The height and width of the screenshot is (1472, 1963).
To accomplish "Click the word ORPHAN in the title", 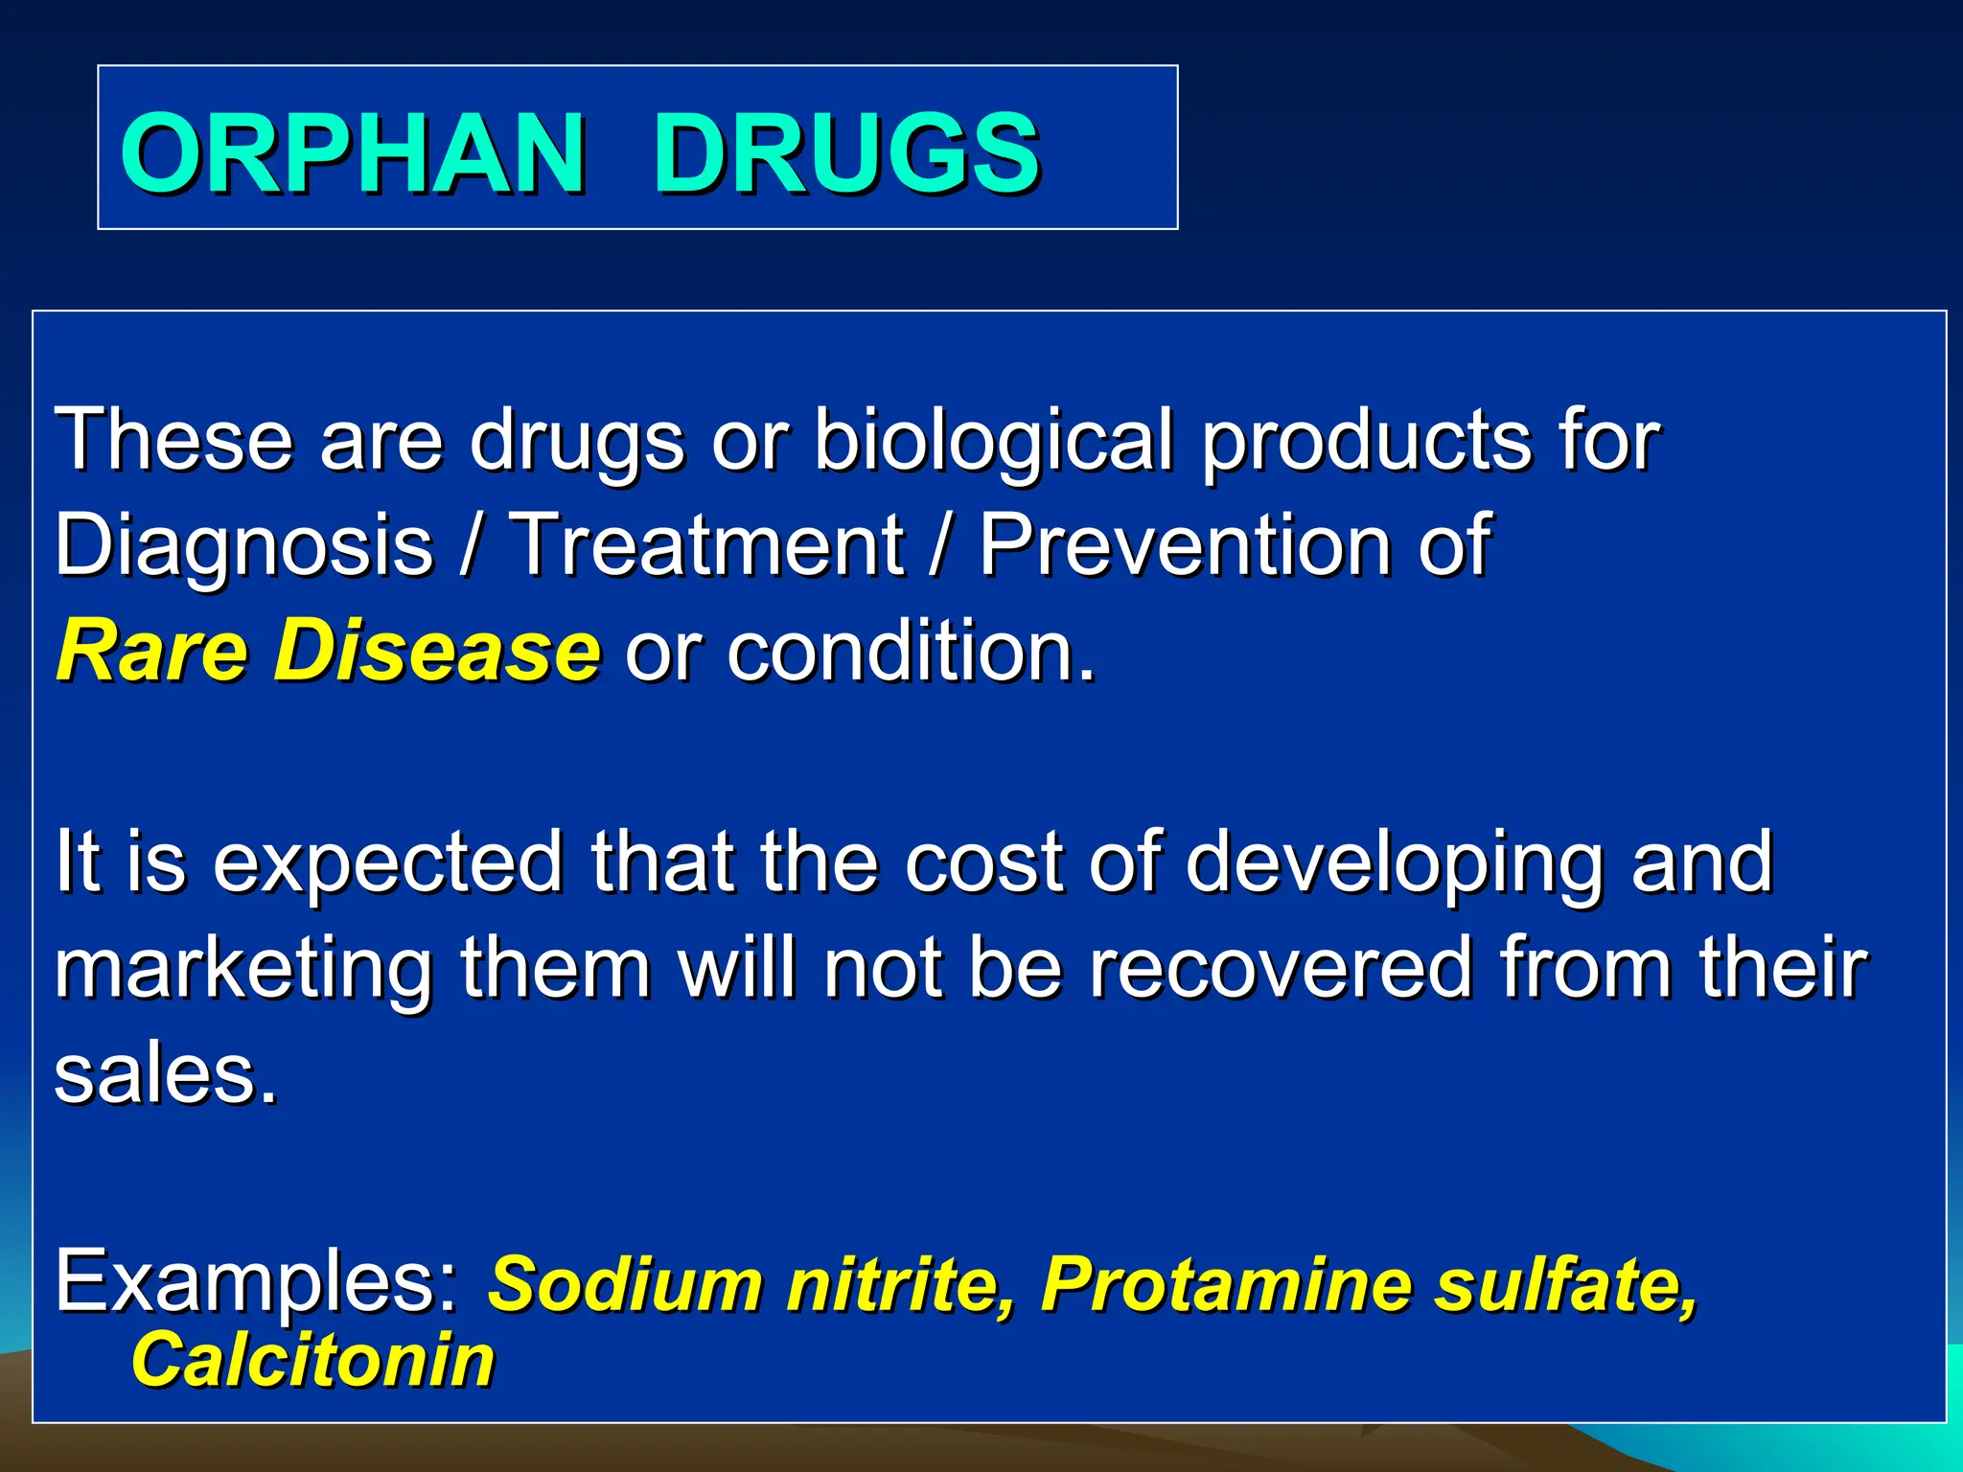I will point(353,153).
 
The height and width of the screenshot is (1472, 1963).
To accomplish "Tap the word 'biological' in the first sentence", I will point(993,441).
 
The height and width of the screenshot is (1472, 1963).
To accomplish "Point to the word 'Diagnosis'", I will point(244,546).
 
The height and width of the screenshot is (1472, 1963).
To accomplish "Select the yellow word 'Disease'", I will point(437,651).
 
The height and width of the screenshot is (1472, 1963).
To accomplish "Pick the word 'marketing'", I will point(243,970).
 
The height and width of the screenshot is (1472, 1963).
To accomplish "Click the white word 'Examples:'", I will point(258,1283).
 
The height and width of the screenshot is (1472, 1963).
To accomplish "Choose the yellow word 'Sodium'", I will point(625,1283).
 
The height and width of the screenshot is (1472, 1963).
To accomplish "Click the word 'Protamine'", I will point(1224,1283).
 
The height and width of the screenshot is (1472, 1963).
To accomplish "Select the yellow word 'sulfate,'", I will point(1565,1283).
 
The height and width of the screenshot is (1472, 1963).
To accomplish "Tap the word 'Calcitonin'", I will point(312,1360).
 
